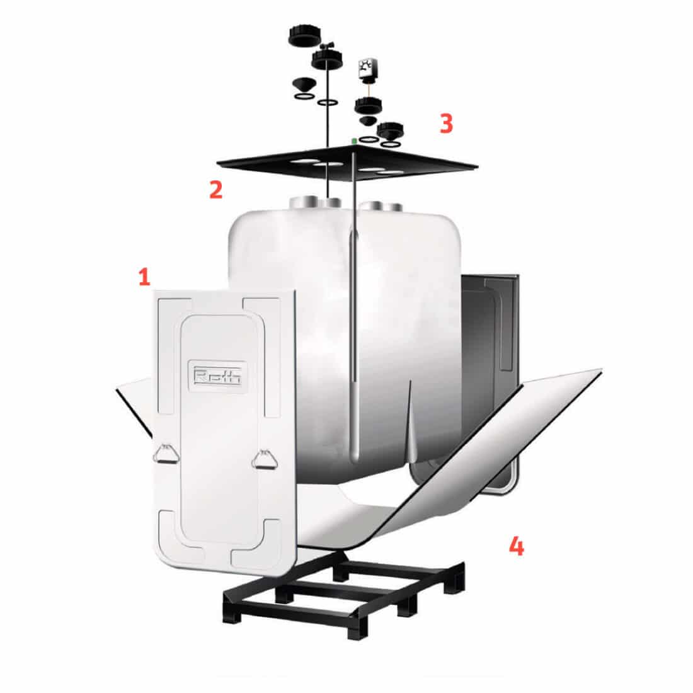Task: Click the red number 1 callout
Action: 145,277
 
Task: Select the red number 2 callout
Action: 216,190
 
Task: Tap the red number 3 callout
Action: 446,124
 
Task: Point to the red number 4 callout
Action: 516,546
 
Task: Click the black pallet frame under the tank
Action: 343,592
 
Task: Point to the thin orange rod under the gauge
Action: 366,89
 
